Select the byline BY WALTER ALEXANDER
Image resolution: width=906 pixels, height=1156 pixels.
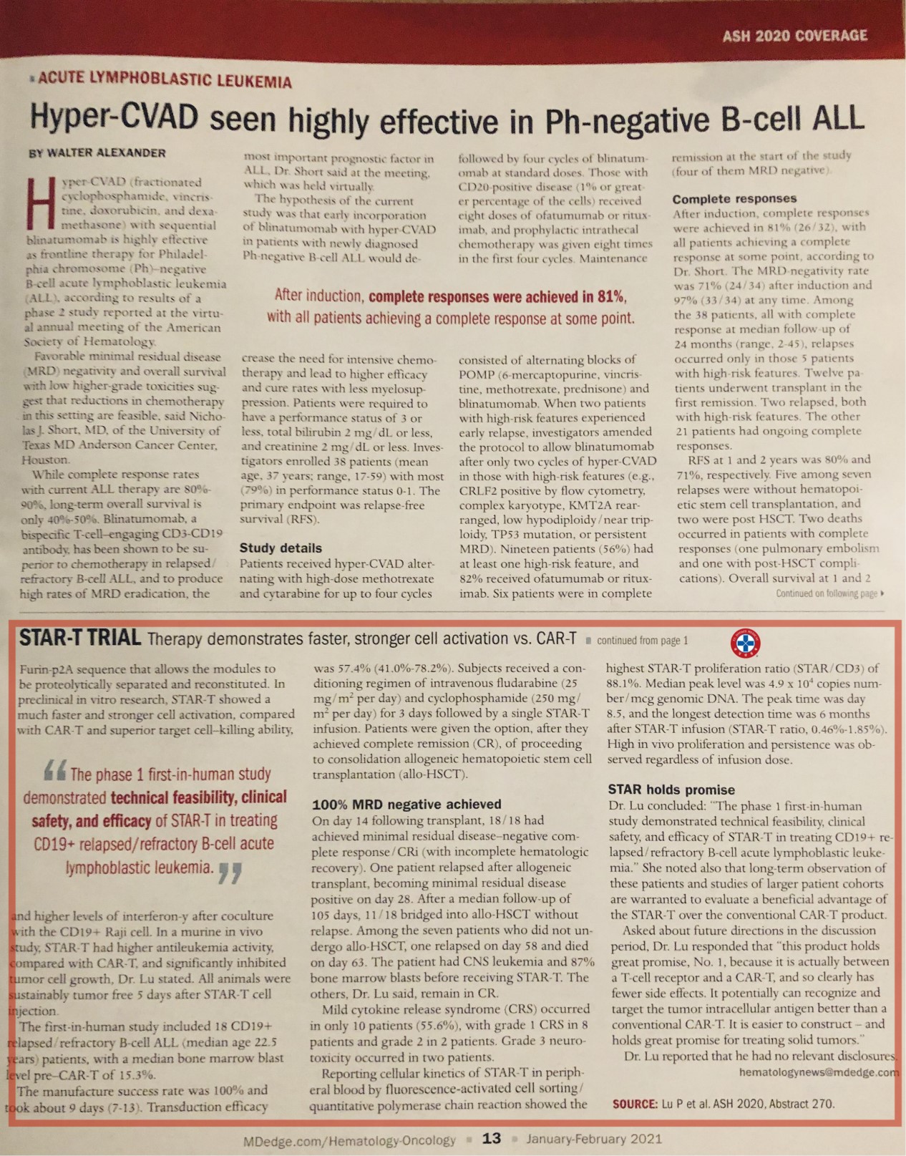point(97,153)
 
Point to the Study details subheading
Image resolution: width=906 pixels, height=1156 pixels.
point(281,548)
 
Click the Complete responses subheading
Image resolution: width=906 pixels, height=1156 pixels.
point(734,198)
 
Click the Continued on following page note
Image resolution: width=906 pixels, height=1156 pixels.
point(829,593)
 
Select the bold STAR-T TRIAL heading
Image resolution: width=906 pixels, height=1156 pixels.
point(79,638)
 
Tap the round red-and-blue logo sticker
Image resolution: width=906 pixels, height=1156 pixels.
point(745,643)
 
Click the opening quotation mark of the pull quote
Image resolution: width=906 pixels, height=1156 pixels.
point(55,771)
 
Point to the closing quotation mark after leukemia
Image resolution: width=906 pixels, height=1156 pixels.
point(230,871)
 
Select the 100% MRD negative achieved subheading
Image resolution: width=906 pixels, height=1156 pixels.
point(406,804)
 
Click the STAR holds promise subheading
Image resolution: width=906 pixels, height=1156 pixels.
point(671,790)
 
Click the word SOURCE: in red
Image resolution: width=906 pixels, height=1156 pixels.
point(635,1104)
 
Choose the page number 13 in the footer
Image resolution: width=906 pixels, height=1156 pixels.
point(491,1138)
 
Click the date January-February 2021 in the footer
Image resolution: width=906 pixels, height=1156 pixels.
point(594,1139)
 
